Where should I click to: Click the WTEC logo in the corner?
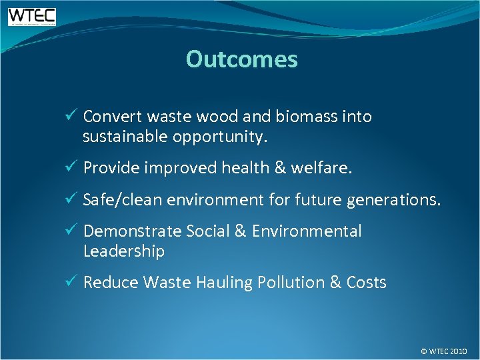31,17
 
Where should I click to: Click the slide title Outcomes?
241,59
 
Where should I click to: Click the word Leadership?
124,251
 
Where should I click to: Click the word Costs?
366,283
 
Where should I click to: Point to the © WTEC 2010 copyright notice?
444,351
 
